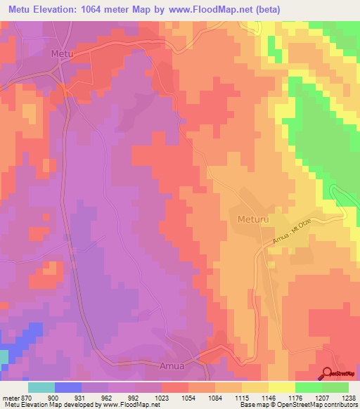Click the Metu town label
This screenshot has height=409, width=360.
click(x=63, y=53)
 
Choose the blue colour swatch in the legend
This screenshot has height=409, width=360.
click(x=67, y=387)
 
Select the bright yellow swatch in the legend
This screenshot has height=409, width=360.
click(x=281, y=387)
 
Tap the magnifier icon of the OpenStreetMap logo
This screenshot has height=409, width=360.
click(x=328, y=375)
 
